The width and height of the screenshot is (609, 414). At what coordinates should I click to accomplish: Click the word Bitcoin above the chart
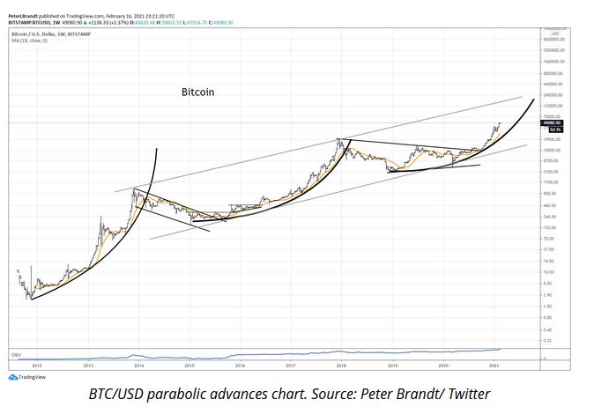click(x=197, y=91)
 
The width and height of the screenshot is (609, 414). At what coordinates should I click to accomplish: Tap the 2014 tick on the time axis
click(x=138, y=364)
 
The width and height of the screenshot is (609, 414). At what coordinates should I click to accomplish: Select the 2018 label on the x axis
click(x=340, y=364)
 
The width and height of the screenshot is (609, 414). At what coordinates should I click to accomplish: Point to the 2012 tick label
click(x=37, y=364)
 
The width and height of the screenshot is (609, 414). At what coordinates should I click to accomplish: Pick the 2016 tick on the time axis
click(x=240, y=364)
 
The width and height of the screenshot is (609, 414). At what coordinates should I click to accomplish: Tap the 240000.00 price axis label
click(x=553, y=95)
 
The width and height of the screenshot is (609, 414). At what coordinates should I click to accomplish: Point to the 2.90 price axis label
click(x=547, y=295)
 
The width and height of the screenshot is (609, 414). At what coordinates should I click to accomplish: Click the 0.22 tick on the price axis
click(x=547, y=340)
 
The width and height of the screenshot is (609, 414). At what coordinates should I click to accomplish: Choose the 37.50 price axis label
click(x=548, y=250)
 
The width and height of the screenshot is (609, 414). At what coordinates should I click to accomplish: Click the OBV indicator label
click(x=15, y=354)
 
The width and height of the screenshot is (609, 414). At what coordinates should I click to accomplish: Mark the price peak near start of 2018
click(x=339, y=140)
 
